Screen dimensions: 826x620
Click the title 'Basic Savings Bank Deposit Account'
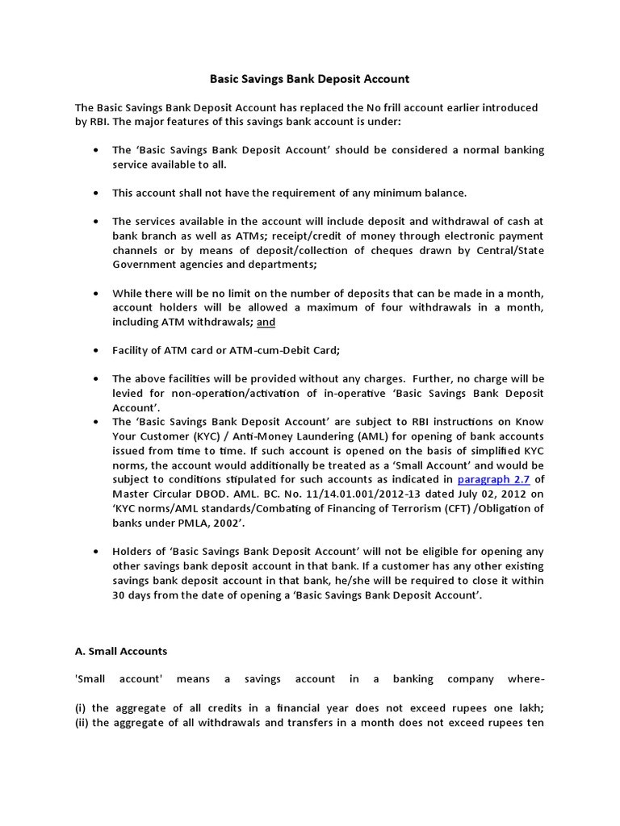(x=310, y=79)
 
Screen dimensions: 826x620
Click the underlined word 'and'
(x=266, y=322)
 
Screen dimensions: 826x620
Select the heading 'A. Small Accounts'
(x=121, y=650)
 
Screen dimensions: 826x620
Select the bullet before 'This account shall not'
(x=97, y=194)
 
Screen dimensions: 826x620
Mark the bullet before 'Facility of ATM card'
(x=97, y=351)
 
